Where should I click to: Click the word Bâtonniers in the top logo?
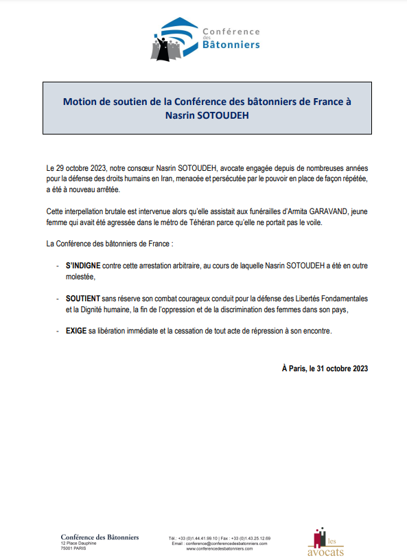tap(231, 45)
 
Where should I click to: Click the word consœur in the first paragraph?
tap(141, 167)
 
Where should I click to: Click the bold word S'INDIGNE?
tap(83, 265)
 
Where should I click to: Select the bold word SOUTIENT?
tap(84, 299)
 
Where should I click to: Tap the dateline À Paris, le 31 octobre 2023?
tap(325, 368)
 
